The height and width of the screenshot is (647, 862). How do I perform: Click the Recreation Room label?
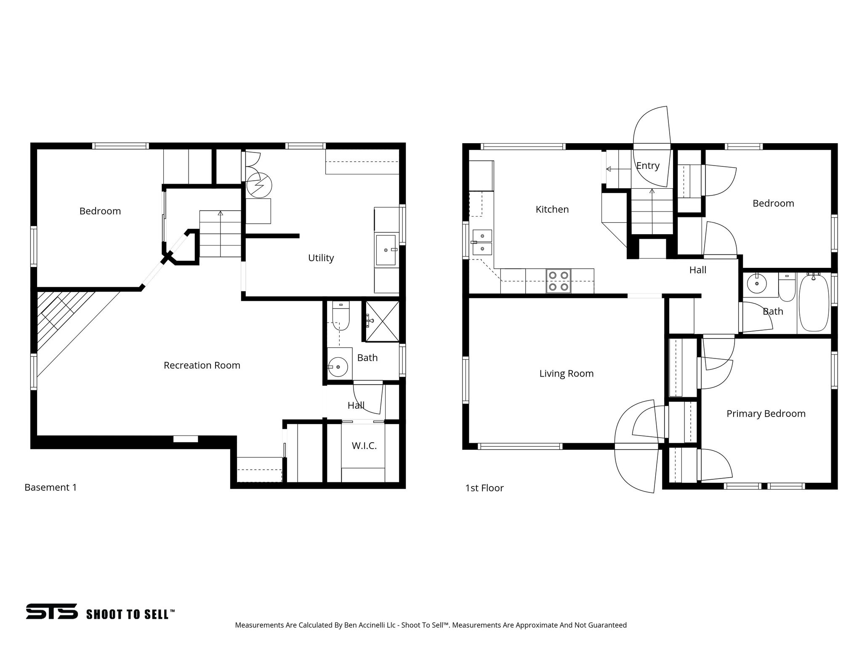click(202, 365)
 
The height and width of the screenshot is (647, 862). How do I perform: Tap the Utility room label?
click(321, 258)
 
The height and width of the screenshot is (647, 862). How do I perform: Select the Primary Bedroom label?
click(766, 414)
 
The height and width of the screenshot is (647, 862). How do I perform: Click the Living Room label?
click(566, 374)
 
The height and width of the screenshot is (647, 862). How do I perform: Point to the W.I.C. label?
click(364, 446)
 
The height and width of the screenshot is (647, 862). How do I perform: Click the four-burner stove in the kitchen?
click(559, 281)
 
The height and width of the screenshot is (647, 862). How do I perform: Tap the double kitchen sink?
click(482, 243)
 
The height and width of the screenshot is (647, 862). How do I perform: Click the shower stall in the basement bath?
click(382, 321)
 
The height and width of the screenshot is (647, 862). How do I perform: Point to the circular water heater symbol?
click(259, 185)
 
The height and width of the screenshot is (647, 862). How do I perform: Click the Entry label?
click(647, 166)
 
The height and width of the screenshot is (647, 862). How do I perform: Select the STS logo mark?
click(52, 612)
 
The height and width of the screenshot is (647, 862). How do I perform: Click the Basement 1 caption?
click(51, 487)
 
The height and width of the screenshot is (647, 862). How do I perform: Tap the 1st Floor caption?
click(484, 488)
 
